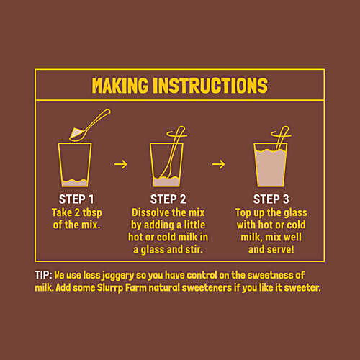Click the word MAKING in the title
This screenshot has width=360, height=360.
[x=120, y=86]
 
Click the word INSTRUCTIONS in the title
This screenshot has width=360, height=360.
[x=210, y=86]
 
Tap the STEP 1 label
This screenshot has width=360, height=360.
[x=76, y=199]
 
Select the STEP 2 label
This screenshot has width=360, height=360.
[x=168, y=199]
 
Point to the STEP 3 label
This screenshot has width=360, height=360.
[x=271, y=199]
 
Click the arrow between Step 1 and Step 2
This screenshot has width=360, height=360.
[x=121, y=164]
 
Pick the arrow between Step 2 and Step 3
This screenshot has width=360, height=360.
[x=219, y=164]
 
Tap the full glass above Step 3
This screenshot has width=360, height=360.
[x=271, y=165]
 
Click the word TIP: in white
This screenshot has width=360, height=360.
[x=43, y=275]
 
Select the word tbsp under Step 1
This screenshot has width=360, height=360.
[x=92, y=213]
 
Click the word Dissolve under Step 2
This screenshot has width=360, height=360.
[x=150, y=212]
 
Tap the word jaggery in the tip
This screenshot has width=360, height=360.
[x=118, y=276]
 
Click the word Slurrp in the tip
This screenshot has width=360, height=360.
[x=110, y=288]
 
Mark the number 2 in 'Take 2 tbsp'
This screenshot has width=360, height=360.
[x=77, y=212]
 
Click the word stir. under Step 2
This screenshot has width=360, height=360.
[x=194, y=249]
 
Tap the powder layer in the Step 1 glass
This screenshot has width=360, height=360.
[x=75, y=183]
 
